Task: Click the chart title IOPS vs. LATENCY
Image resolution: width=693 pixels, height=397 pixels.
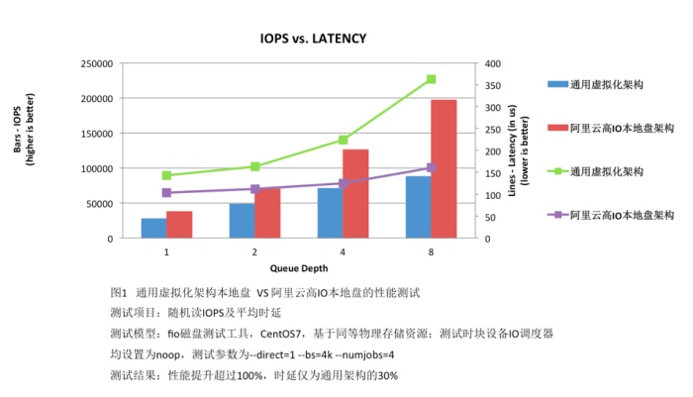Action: [313, 39]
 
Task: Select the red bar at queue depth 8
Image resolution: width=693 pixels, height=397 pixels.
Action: [445, 169]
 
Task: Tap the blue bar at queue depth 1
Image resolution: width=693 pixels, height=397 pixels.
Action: [153, 229]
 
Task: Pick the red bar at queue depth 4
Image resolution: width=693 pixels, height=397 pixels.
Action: [355, 194]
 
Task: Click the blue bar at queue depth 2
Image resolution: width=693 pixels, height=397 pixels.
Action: [242, 222]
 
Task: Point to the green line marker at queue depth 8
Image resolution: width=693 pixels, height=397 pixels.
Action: [432, 79]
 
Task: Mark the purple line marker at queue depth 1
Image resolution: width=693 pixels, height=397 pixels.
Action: [166, 192]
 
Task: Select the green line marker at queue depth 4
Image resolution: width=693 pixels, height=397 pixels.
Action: [343, 141]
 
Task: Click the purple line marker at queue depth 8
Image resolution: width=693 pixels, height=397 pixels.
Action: [432, 168]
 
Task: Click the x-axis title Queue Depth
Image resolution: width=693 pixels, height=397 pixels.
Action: [299, 267]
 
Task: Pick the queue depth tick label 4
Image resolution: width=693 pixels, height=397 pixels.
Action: [343, 252]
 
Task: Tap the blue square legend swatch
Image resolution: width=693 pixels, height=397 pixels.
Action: [557, 85]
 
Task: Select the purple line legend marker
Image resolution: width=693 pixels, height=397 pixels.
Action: [557, 214]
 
